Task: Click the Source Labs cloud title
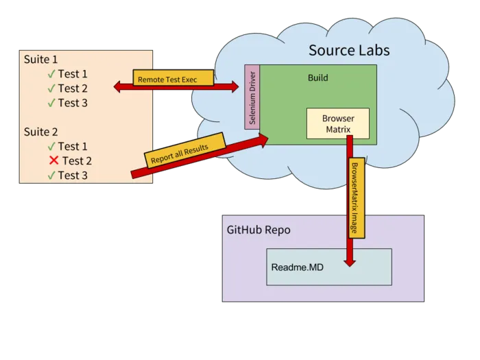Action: [x=349, y=50]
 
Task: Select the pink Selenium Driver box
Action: [x=252, y=97]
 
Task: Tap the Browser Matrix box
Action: [x=337, y=123]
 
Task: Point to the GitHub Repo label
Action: [x=259, y=230]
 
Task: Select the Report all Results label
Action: [x=185, y=149]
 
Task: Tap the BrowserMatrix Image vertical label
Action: [x=355, y=199]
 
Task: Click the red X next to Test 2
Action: [x=53, y=160]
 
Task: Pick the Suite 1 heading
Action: [x=41, y=59]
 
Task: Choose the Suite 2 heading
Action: [x=41, y=132]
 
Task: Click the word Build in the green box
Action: [x=317, y=78]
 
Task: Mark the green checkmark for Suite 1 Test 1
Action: [x=51, y=74]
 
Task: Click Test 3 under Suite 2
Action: [x=73, y=176]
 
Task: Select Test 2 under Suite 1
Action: [x=73, y=88]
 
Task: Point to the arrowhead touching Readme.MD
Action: [x=350, y=260]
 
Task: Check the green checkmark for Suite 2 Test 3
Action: [x=51, y=176]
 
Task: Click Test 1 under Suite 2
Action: [x=73, y=146]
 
